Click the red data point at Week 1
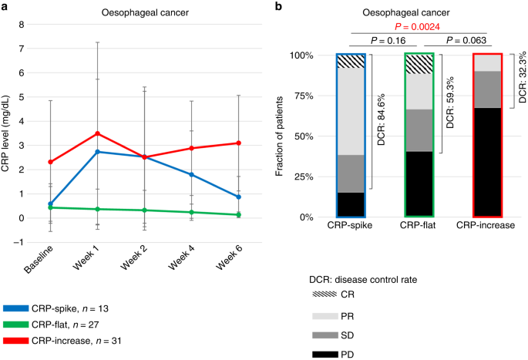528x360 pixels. pyautogui.click(x=96, y=133)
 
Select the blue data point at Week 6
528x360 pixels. pyautogui.click(x=239, y=197)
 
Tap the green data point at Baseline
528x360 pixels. pyautogui.click(x=50, y=207)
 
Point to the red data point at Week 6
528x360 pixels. pyautogui.click(x=239, y=143)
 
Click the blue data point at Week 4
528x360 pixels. pyautogui.click(x=191, y=174)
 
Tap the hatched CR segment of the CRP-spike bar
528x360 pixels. pyautogui.click(x=350, y=61)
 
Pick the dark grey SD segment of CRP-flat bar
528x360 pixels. pyautogui.click(x=419, y=130)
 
